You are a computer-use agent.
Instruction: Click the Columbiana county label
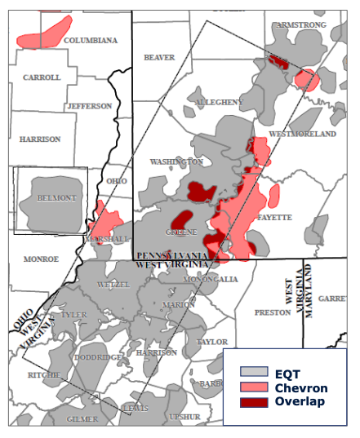[x=90, y=40]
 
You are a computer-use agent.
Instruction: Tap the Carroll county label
[x=42, y=77]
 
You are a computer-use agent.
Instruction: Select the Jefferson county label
[x=90, y=106]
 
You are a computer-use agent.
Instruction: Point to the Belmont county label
[x=55, y=198]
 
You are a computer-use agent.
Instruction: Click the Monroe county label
[x=41, y=259]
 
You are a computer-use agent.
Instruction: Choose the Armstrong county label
[x=301, y=25]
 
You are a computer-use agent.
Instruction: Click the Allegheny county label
[x=215, y=102]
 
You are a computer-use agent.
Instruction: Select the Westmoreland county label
[x=302, y=133]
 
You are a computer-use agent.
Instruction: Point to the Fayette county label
[x=275, y=218]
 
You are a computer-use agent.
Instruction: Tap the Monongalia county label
[x=210, y=279]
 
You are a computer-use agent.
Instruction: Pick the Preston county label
[x=273, y=312]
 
